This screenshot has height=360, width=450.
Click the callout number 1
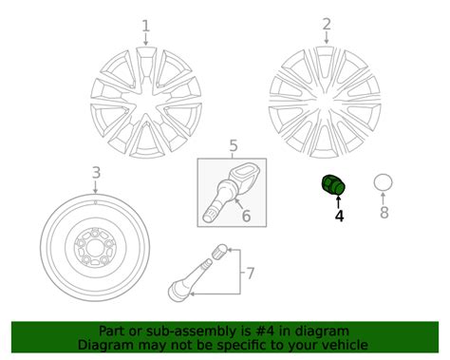point(145,26)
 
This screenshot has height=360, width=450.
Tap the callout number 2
point(327,25)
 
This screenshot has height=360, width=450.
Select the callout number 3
point(96,173)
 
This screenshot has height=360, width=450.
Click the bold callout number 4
point(339,216)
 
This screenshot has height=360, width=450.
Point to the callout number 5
point(234,146)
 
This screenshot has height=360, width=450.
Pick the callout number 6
point(246,216)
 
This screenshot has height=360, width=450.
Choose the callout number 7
point(250,274)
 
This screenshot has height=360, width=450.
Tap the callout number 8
point(384,213)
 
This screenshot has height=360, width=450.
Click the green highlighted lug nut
point(333,185)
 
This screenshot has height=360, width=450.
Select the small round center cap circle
point(383,183)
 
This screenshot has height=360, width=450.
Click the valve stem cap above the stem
point(219,252)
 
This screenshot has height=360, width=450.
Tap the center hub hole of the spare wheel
point(95,248)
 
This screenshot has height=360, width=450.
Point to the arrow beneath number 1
point(145,40)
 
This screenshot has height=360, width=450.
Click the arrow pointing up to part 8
point(384,199)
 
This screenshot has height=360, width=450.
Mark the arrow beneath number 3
point(95,187)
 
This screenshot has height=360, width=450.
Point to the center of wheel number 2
point(325,102)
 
